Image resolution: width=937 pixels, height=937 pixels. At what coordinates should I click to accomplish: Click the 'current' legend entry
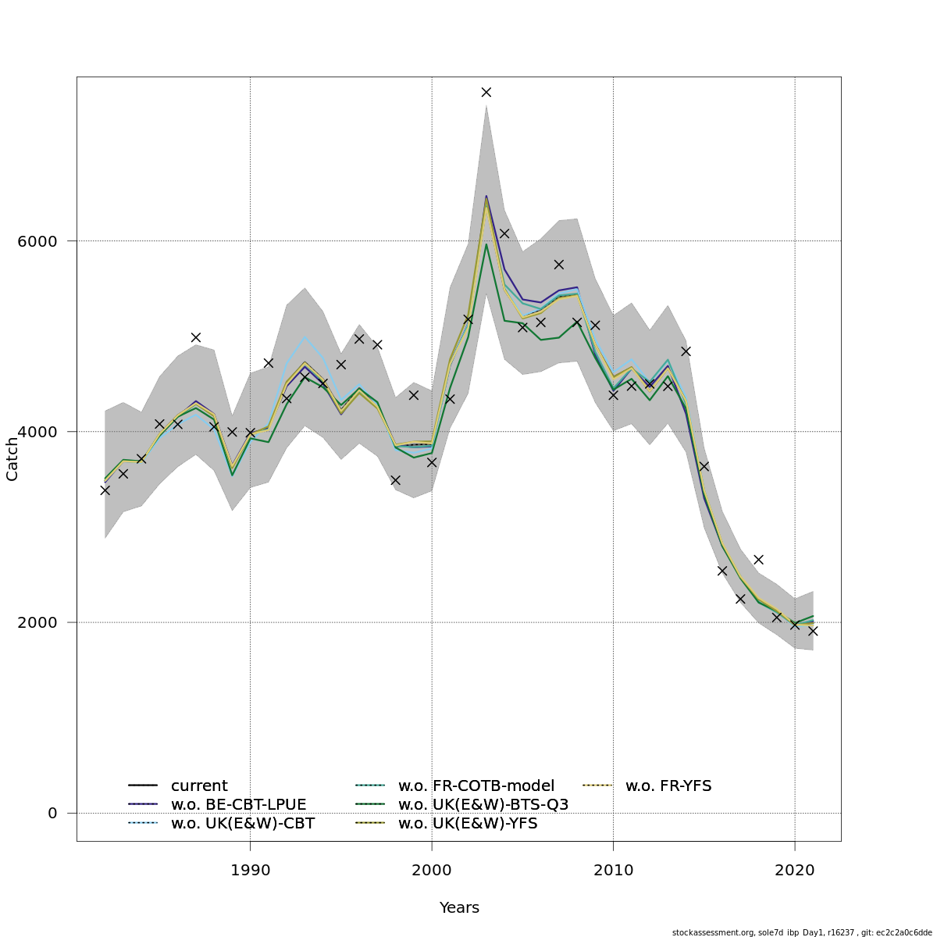click(x=199, y=786)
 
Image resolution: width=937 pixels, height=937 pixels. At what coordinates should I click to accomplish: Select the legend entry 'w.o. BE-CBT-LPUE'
click(x=238, y=805)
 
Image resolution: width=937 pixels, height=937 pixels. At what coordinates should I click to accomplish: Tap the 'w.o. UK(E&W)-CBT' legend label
click(x=242, y=824)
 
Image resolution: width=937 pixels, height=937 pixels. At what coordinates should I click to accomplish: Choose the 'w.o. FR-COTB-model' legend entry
click(x=476, y=786)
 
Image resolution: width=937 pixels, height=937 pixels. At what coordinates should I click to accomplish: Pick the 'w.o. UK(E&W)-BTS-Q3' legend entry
click(x=483, y=805)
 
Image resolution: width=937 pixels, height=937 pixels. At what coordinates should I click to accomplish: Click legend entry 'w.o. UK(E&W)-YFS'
click(x=468, y=824)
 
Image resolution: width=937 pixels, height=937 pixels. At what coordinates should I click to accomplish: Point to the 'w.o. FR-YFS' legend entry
click(x=668, y=786)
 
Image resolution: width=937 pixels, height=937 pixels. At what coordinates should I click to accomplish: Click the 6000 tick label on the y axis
click(x=37, y=241)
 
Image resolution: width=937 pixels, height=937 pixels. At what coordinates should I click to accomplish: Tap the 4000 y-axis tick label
click(x=37, y=432)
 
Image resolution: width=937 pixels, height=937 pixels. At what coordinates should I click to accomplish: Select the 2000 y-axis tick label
click(x=37, y=622)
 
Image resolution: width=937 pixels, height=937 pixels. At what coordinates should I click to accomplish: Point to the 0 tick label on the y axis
click(x=53, y=814)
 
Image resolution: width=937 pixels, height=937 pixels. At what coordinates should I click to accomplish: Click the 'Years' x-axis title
click(x=459, y=907)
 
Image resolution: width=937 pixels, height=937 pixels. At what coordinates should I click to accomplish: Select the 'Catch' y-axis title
click(x=12, y=459)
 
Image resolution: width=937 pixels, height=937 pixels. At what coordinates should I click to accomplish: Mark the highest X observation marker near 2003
click(x=486, y=92)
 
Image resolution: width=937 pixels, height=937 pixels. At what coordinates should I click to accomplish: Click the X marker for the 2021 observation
click(x=813, y=631)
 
